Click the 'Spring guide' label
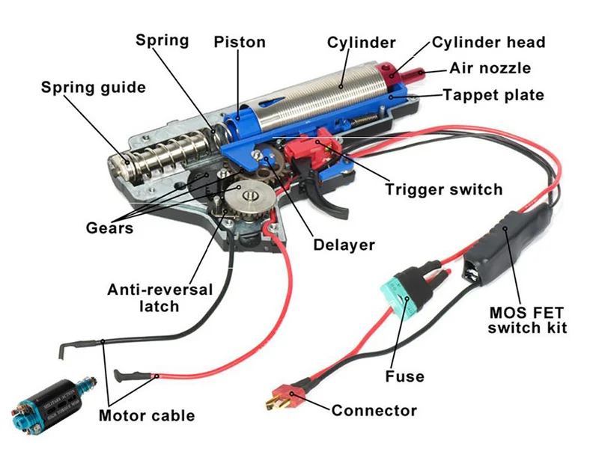(93, 88)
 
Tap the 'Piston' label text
(240, 41)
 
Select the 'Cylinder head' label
(488, 42)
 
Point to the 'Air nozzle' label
(490, 68)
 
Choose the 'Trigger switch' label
(443, 189)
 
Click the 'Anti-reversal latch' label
(160, 297)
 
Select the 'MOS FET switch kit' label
(527, 318)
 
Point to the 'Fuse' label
(404, 376)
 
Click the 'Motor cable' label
(147, 415)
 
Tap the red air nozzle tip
(416, 73)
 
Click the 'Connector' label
(374, 410)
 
